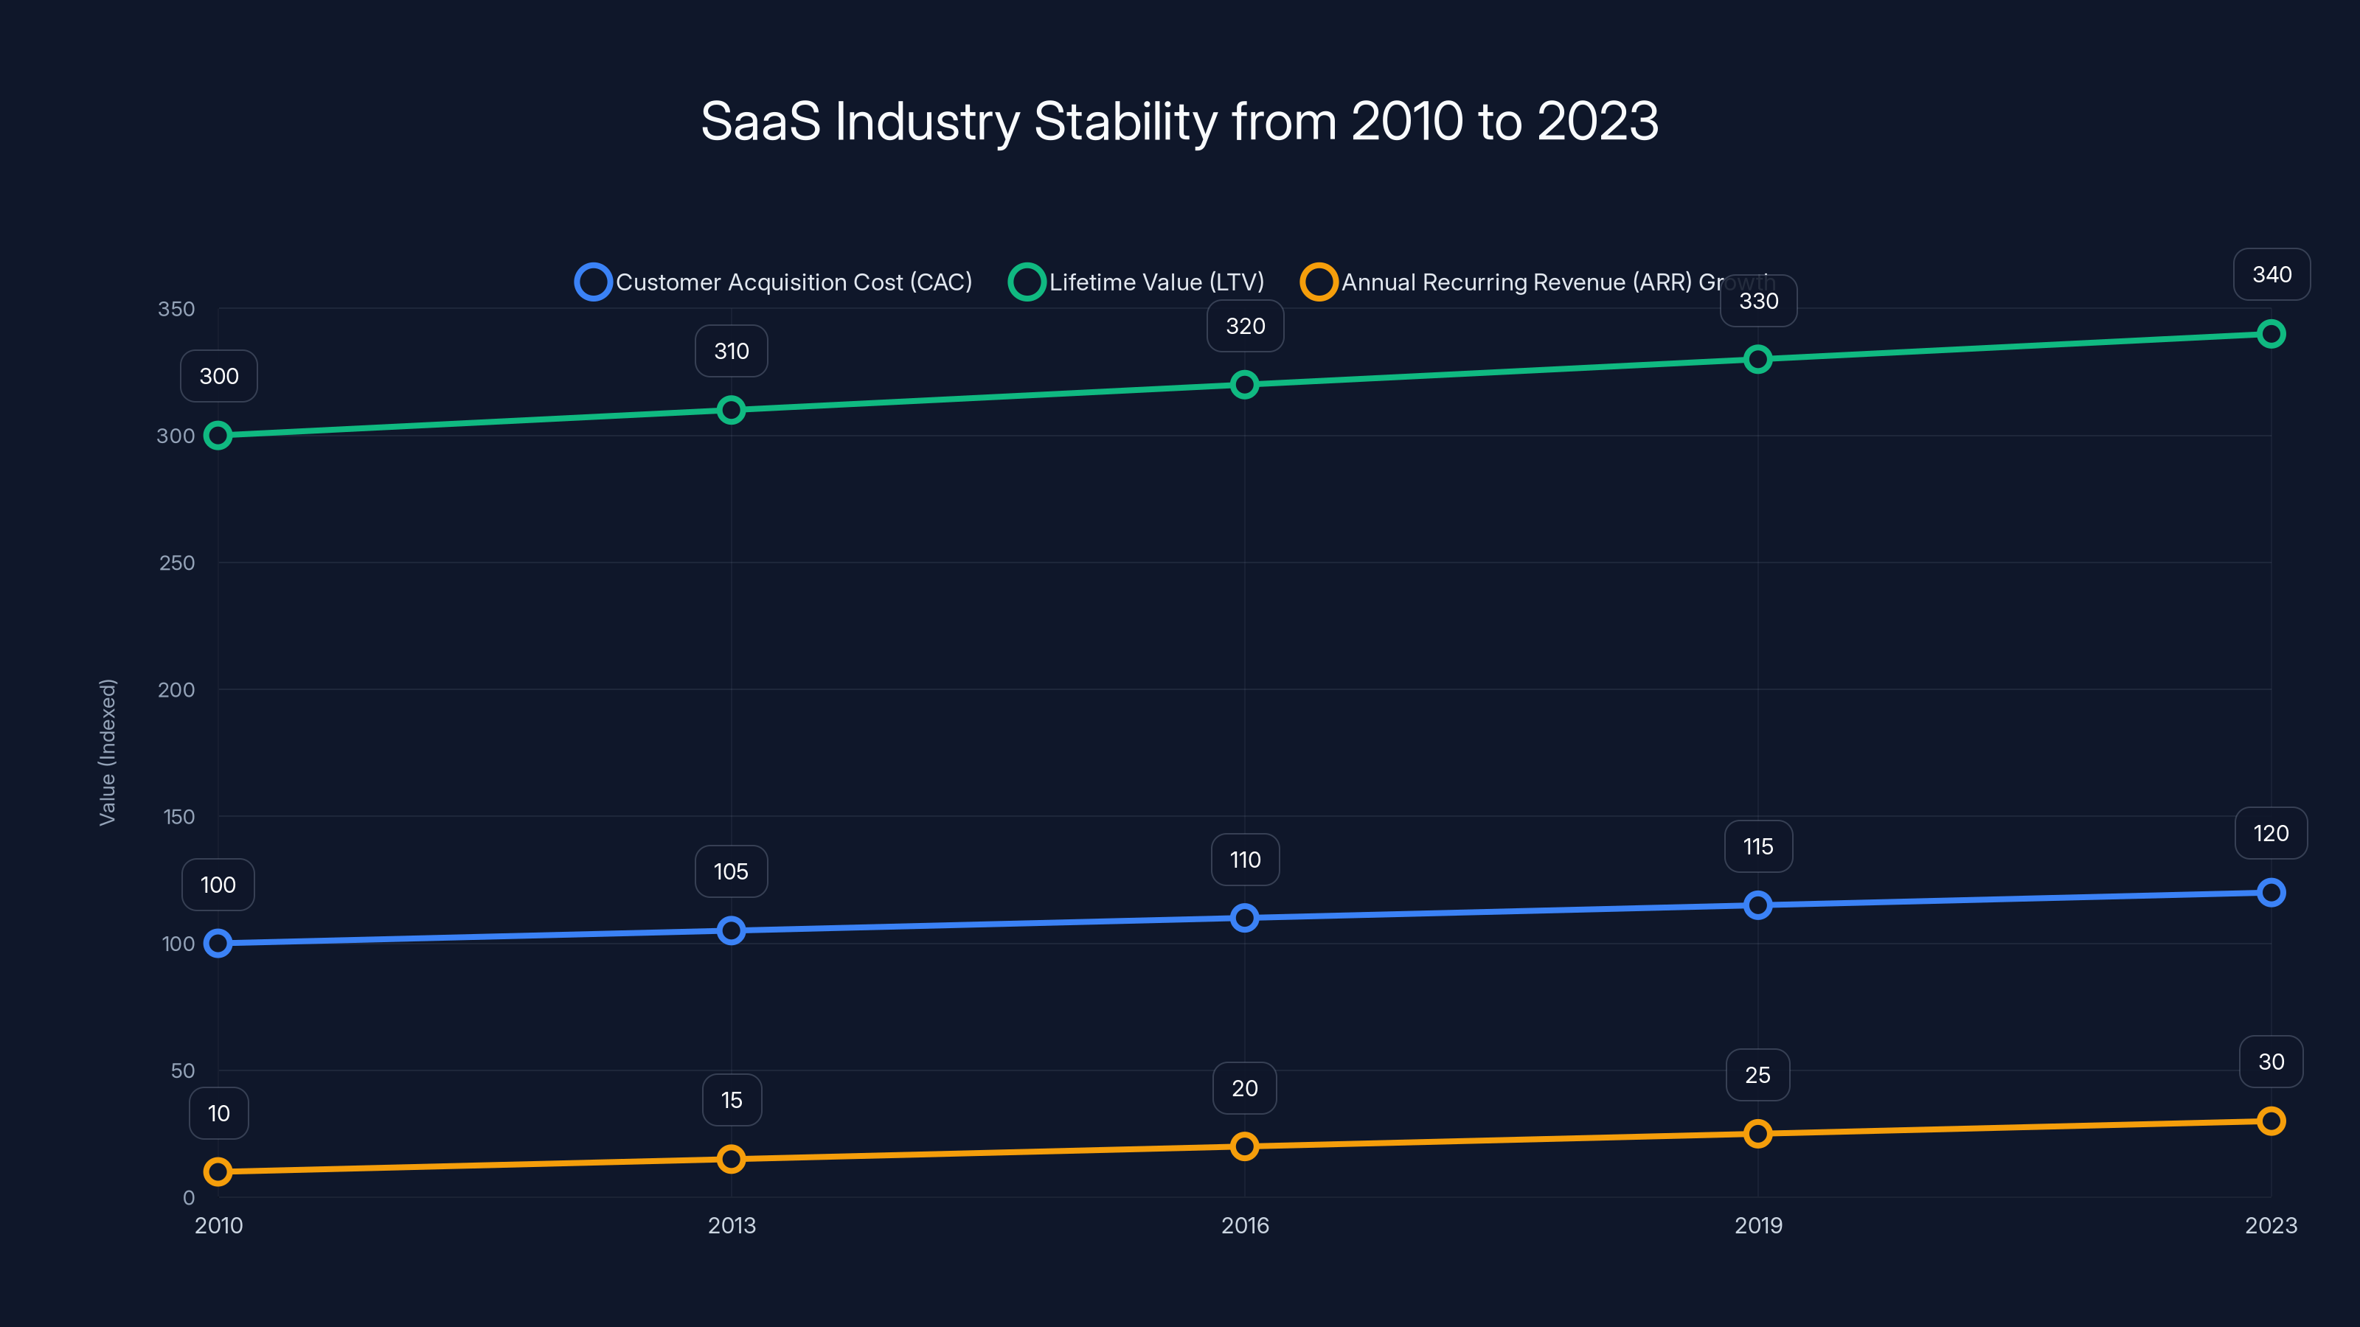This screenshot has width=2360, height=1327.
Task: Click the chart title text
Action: (x=1179, y=121)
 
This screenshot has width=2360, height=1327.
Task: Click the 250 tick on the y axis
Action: (x=177, y=563)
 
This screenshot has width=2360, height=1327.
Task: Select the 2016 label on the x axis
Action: (x=1244, y=1225)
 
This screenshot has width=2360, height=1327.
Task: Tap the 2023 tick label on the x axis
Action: (x=2270, y=1225)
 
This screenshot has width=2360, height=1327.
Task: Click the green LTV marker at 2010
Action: (x=218, y=435)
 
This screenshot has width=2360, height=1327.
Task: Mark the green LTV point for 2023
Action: (x=2270, y=334)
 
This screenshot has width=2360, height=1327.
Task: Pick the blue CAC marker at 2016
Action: (x=1244, y=918)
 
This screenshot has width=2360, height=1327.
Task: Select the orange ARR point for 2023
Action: (x=2270, y=1121)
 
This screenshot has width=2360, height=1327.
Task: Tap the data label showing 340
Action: (x=2271, y=275)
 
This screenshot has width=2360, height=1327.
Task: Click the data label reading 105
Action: (x=731, y=872)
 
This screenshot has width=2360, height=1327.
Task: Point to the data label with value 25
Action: (x=1757, y=1075)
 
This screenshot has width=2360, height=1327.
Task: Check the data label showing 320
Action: (x=1244, y=326)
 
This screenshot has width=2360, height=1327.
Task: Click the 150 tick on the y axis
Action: (x=178, y=817)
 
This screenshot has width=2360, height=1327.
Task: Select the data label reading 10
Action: (x=218, y=1114)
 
